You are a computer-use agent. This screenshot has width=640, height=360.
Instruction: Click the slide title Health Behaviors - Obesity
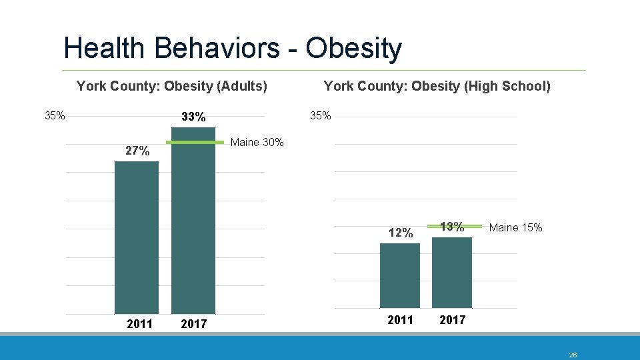233,49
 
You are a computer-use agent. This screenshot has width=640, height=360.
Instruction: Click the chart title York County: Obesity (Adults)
172,86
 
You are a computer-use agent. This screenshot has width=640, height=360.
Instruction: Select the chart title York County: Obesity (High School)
437,86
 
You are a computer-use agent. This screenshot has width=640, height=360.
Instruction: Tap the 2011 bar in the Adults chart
137,237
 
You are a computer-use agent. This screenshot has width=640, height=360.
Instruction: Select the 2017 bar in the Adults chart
193,227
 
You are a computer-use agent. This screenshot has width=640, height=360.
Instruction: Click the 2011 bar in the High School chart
400,275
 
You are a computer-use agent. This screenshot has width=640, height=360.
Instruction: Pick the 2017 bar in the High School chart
452,272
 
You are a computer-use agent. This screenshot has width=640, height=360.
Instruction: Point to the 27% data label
137,151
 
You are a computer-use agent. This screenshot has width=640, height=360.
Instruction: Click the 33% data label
193,117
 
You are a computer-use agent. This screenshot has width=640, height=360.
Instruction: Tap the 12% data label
401,233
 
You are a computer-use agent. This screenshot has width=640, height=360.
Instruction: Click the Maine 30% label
257,143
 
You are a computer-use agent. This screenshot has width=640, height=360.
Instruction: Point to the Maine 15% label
515,228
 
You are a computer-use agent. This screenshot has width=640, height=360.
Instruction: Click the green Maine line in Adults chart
195,143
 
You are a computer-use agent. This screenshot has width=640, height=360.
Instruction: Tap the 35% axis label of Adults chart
55,115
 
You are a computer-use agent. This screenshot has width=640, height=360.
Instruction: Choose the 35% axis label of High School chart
320,115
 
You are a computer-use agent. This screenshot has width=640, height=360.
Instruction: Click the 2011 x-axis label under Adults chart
139,324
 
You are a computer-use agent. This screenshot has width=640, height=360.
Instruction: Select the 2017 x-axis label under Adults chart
193,324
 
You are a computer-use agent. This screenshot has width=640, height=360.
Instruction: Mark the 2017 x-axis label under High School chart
452,320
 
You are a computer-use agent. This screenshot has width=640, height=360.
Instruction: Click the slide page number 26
573,355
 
